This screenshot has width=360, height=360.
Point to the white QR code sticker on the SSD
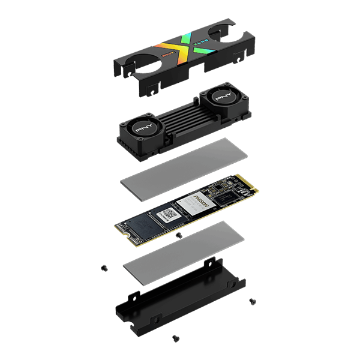tap(169, 214)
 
